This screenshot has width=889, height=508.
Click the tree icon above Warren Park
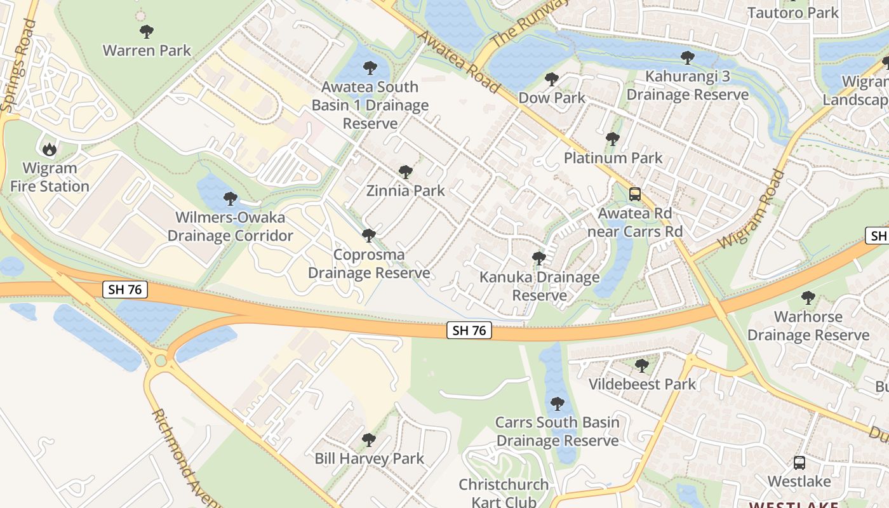pyautogui.click(x=147, y=31)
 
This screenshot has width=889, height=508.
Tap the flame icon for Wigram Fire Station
pyautogui.click(x=49, y=149)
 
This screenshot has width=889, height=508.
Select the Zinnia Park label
pyautogui.click(x=405, y=190)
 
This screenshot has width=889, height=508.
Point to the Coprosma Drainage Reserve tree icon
pyautogui.click(x=368, y=236)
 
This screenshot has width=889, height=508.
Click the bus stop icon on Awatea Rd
pyautogui.click(x=634, y=194)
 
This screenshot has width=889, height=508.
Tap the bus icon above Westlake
pyautogui.click(x=799, y=463)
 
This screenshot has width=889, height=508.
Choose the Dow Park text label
pyautogui.click(x=552, y=98)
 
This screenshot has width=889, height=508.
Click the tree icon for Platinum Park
pyautogui.click(x=612, y=139)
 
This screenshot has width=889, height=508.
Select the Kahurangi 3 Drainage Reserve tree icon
pyautogui.click(x=687, y=58)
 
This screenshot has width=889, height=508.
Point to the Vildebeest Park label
pyautogui.click(x=642, y=384)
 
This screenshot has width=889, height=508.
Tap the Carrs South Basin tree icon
pyautogui.click(x=557, y=403)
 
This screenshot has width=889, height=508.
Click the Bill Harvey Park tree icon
pyautogui.click(x=368, y=439)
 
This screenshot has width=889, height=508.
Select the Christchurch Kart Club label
pyautogui.click(x=504, y=493)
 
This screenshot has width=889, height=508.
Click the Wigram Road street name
pyautogui.click(x=752, y=209)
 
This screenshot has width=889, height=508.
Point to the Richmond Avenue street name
pyautogui.click(x=184, y=457)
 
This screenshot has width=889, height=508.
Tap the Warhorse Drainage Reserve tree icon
pyautogui.click(x=808, y=297)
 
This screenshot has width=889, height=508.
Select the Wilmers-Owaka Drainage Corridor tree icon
pyautogui.click(x=230, y=199)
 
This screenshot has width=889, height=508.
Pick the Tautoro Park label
pyautogui.click(x=792, y=12)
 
